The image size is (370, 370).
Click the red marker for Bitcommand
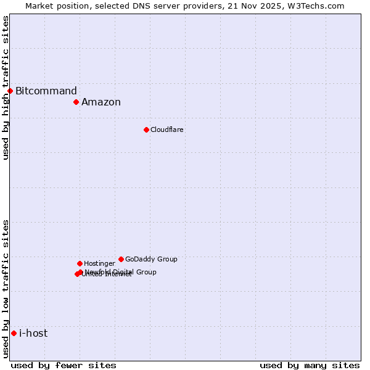[x=10, y=91]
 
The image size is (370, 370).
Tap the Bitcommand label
[x=46, y=91]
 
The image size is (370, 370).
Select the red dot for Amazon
[x=76, y=102]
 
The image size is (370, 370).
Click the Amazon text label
[x=101, y=102]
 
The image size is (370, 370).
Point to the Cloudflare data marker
[x=146, y=129]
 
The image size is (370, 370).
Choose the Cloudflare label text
[x=167, y=130]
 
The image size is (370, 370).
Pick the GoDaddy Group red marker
[x=121, y=259]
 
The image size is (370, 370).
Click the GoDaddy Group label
[x=151, y=260]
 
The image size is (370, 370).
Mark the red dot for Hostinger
[x=80, y=263]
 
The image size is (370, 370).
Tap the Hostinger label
[x=100, y=264]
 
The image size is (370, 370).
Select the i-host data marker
[x=14, y=333]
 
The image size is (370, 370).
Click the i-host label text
[x=33, y=334]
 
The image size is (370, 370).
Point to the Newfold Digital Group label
[x=121, y=272]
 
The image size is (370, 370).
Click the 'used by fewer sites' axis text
[x=64, y=365]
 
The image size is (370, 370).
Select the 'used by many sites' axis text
[x=310, y=365]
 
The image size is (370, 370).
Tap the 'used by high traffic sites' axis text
[x=6, y=88]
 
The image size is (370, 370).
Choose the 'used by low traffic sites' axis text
[x=6, y=288]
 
